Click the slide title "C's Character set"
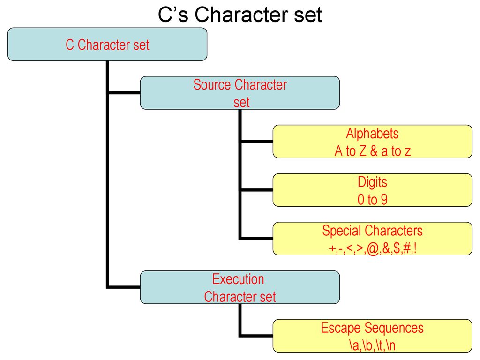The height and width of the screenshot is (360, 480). point(240,15)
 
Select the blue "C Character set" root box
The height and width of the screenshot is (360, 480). point(107,44)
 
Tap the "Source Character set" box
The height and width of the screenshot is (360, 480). point(240,93)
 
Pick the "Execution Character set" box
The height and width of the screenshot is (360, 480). point(240,287)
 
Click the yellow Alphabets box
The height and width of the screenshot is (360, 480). point(372,142)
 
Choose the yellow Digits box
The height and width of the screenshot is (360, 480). point(372,190)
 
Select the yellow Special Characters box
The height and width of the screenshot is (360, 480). point(372,239)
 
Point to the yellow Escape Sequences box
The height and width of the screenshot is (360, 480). point(372,336)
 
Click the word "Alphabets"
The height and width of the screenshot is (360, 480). point(372,134)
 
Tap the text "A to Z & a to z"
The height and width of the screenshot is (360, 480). point(372,151)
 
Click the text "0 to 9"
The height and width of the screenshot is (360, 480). point(372,200)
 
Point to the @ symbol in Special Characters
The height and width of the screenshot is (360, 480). point(373,248)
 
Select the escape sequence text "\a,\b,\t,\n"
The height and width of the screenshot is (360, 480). point(372,345)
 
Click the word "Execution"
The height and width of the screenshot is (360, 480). point(238,279)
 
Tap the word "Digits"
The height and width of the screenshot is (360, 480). point(372,182)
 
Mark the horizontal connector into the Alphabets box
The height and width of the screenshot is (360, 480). point(257,142)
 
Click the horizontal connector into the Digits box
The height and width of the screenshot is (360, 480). point(257,190)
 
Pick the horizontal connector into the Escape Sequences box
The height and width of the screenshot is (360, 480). point(256,336)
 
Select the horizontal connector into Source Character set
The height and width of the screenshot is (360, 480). point(124,93)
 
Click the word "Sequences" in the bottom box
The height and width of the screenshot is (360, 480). point(394,328)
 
